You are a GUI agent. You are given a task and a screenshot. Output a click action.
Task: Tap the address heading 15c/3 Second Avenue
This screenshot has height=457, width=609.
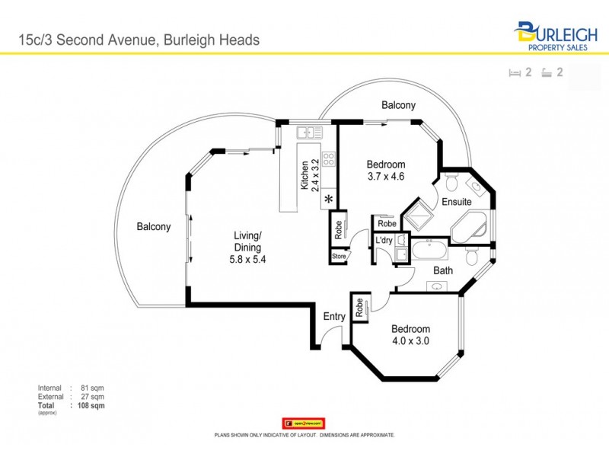tap(139, 40)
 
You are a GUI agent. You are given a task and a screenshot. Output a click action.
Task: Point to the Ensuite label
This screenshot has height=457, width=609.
tap(457, 202)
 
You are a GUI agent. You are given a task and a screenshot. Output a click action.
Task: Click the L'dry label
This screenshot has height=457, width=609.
tap(384, 241)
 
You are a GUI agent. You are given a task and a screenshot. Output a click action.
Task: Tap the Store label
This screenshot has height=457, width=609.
tap(339, 257)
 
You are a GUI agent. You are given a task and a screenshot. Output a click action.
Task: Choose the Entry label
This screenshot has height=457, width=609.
tap(334, 317)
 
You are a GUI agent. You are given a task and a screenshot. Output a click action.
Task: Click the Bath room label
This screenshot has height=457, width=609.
tap(444, 270)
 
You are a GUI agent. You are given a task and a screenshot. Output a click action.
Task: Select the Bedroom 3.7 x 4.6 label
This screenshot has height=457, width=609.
tap(386, 171)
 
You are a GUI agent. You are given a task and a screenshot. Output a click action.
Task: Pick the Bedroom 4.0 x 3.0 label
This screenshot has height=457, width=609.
tap(410, 335)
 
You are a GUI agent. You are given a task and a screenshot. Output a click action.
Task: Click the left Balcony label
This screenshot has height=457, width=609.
tap(154, 226)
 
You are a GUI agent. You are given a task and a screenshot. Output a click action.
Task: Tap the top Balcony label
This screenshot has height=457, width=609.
tap(398, 105)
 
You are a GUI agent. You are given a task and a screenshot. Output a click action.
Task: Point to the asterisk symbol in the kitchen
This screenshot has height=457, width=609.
tap(329, 200)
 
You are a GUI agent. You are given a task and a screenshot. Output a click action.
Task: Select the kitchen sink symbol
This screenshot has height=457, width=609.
tap(310, 133)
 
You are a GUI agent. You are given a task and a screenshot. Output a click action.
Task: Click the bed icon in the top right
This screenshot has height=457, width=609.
tap(515, 73)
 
